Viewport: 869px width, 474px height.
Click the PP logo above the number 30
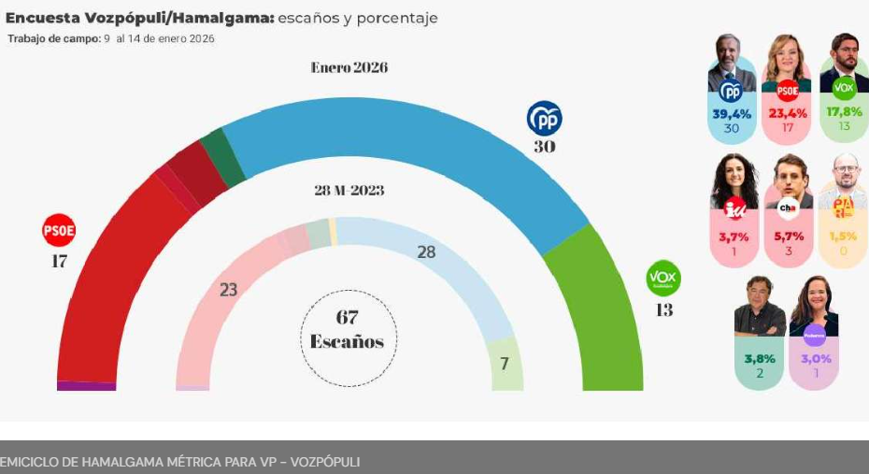[x=544, y=119]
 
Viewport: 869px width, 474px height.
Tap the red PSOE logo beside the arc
[x=59, y=230]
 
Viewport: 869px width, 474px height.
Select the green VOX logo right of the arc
[x=663, y=279]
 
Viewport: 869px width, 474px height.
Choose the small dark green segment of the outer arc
[x=222, y=156]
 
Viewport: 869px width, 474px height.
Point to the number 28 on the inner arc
[x=426, y=252]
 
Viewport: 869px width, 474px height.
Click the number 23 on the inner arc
[x=228, y=290]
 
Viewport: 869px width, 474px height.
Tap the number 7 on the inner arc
[x=504, y=364]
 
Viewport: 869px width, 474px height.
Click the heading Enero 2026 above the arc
[x=349, y=67]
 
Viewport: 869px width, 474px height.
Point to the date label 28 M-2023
[x=349, y=191]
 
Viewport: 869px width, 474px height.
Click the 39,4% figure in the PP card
[x=732, y=113]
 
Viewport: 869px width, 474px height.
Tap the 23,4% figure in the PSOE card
[x=787, y=113]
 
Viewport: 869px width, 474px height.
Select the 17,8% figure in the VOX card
[x=844, y=111]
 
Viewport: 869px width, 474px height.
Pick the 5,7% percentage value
[x=789, y=237]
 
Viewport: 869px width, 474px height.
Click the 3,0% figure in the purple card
[x=814, y=358]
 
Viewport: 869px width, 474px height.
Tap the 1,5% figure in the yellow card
[x=844, y=237]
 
